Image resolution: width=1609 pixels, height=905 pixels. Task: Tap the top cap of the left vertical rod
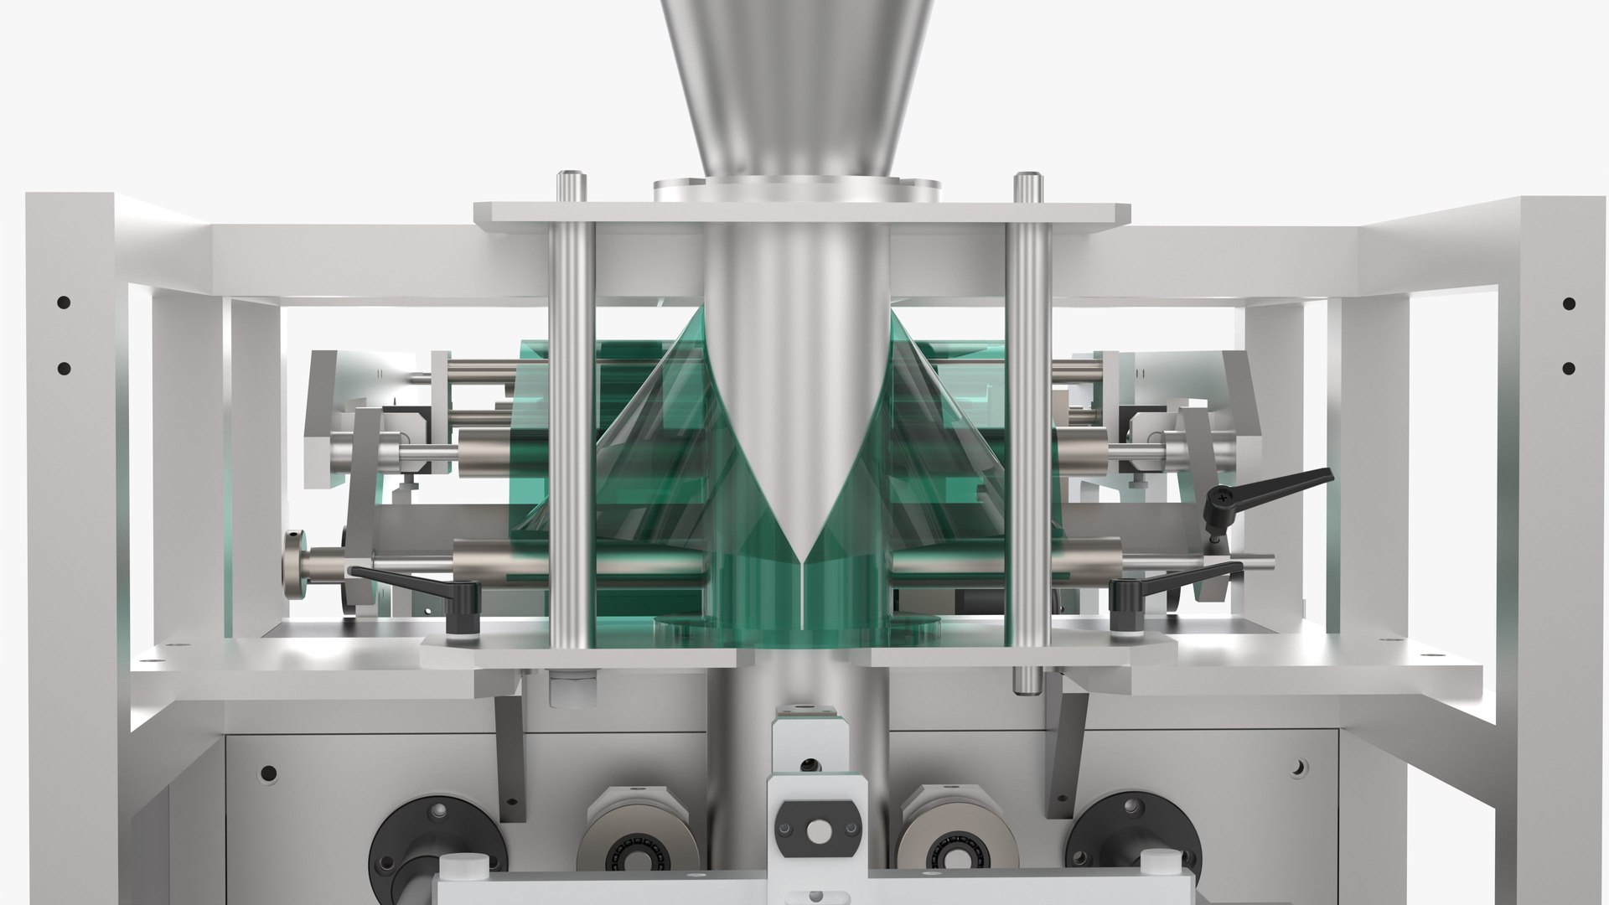click(570, 179)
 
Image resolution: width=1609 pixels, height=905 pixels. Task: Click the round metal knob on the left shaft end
click(296, 562)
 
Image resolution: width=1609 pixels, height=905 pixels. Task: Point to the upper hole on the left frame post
click(63, 303)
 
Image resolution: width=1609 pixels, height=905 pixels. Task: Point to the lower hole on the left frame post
click(63, 367)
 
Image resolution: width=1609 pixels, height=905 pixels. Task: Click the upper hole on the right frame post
click(1569, 303)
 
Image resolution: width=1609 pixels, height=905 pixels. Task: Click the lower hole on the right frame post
click(1569, 367)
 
